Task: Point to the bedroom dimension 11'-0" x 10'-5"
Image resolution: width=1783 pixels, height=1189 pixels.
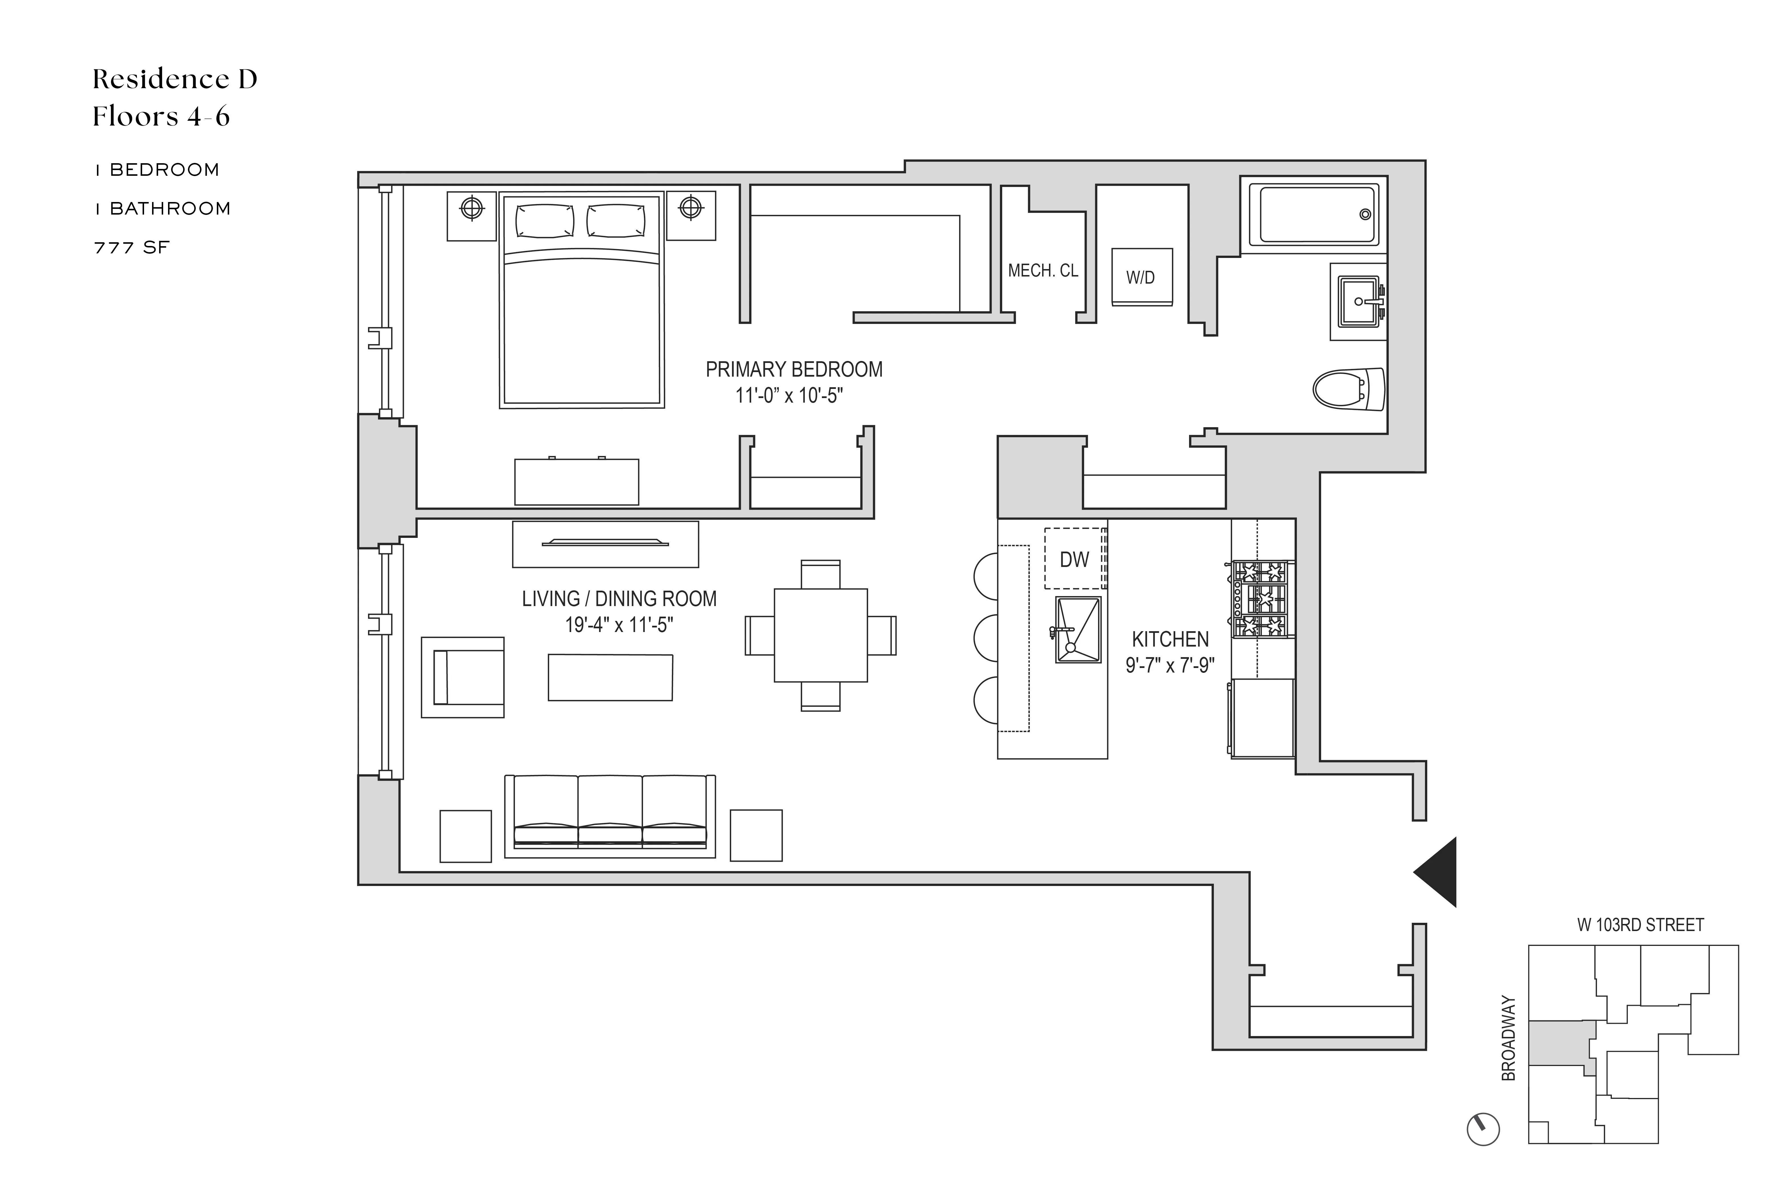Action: [x=789, y=396]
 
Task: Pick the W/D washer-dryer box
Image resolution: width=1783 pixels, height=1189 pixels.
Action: [x=1141, y=278]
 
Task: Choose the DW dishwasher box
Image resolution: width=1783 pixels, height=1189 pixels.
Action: [x=1074, y=559]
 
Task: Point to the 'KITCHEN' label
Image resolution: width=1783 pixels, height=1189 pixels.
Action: [x=1170, y=639]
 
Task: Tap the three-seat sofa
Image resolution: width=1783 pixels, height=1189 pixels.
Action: [x=609, y=815]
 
